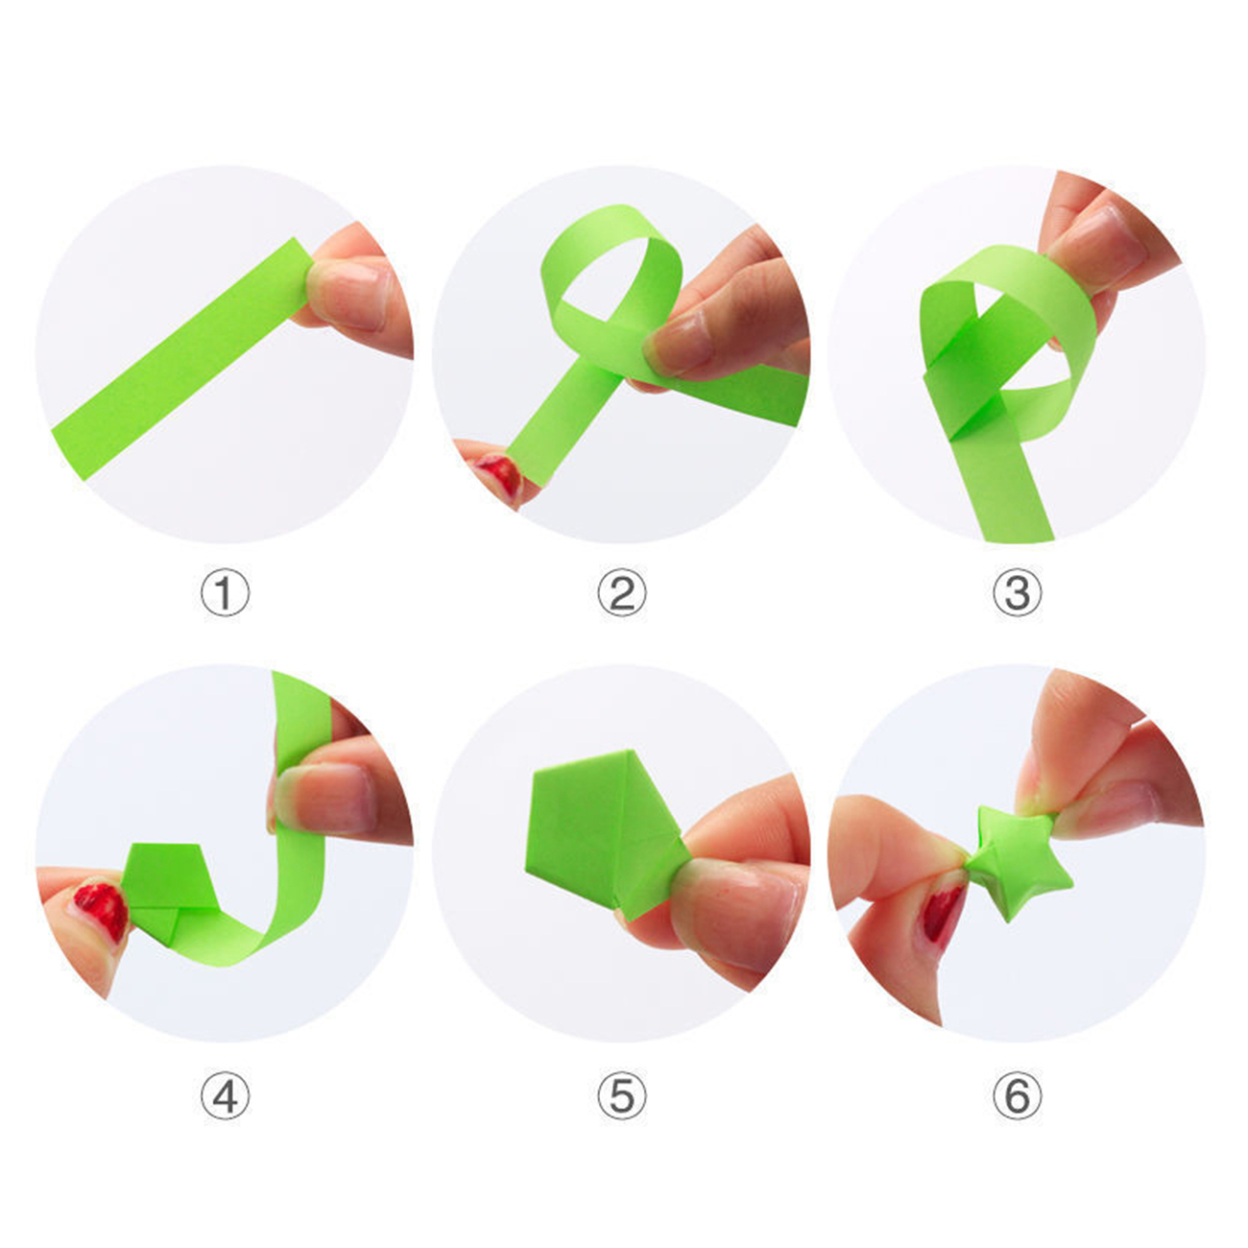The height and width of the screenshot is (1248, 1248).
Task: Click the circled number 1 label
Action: click(225, 592)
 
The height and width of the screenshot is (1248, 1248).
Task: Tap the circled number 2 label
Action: click(622, 592)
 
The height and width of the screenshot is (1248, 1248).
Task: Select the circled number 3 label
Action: click(1018, 592)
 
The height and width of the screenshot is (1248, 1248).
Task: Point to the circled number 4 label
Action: click(225, 1095)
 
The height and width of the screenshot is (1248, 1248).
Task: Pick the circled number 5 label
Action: click(622, 1095)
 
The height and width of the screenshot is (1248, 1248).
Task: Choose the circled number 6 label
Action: click(1018, 1095)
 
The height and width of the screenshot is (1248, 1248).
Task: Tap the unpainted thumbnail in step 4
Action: click(324, 799)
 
